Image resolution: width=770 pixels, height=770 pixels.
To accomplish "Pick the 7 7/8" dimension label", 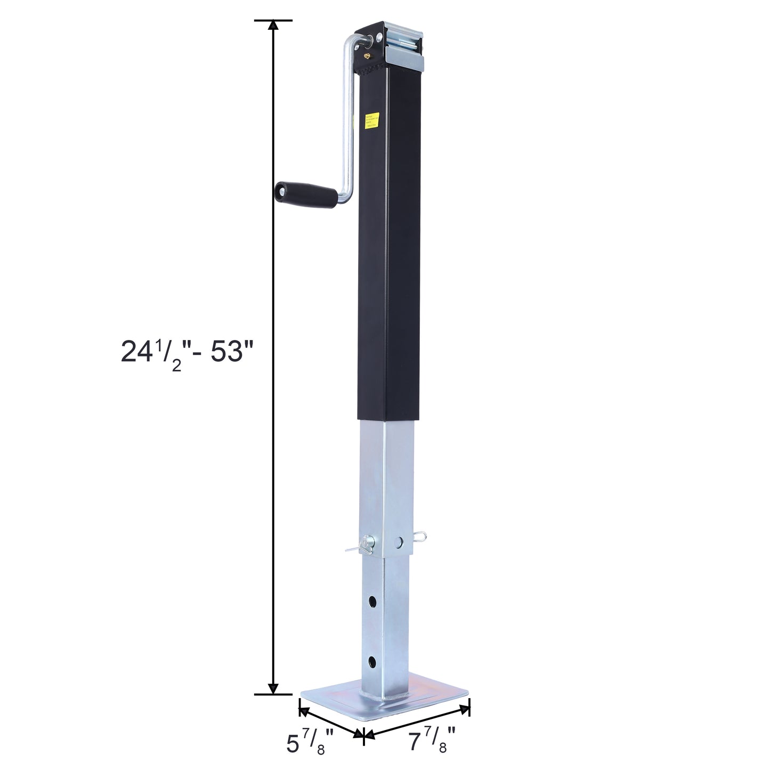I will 432,741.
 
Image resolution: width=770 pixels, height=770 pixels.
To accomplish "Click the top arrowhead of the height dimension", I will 273,26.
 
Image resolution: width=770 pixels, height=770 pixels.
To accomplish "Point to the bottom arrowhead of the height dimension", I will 273,688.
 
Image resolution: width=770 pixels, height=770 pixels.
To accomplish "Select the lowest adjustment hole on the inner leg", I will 371,662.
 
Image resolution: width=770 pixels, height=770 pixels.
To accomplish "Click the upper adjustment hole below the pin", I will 371,602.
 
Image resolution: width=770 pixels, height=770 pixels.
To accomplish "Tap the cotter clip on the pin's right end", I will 420,535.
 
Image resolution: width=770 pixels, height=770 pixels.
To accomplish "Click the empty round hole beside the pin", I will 399,542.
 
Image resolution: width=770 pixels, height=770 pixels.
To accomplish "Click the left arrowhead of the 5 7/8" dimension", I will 303,710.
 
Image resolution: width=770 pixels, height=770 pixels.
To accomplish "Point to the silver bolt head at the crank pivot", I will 378,38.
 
